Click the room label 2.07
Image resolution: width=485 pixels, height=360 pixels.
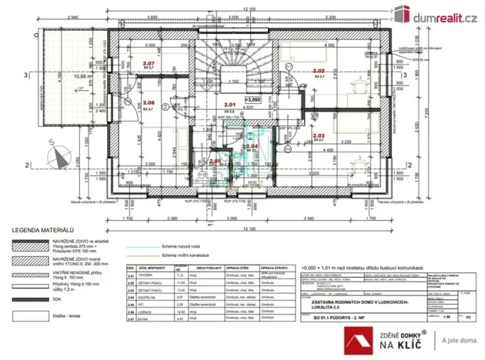pos(149,63)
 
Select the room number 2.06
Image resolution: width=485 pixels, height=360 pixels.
pos(149,102)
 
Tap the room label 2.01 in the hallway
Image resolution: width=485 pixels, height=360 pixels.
pos(228,105)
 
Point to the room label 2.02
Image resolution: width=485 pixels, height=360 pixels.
pos(319,71)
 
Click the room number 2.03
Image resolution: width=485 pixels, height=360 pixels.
pos(319,135)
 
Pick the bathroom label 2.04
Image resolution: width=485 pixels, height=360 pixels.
pos(251,145)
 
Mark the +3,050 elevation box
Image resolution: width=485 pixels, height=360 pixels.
pos(252,99)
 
